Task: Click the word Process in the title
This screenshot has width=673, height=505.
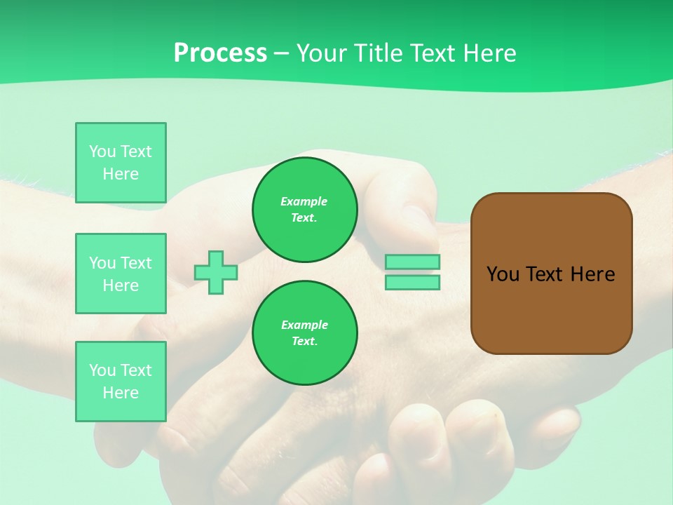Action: coord(220,53)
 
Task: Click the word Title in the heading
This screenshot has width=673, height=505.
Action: coord(377,53)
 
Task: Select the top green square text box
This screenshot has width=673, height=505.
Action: coord(121,163)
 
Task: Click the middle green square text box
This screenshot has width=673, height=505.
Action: coord(121,274)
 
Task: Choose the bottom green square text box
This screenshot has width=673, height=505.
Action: coord(121,381)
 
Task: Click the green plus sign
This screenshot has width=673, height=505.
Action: coord(216,272)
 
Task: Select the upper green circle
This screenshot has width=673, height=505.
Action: coord(304,210)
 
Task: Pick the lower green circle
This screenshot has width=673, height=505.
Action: coord(304,333)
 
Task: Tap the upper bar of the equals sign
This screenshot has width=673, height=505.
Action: coord(412,262)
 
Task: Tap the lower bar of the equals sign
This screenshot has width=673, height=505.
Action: coord(412,282)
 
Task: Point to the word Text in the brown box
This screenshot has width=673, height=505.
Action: coord(544,274)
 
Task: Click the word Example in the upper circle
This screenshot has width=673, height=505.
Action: coord(304,201)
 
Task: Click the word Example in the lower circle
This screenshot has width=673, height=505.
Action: coord(304,325)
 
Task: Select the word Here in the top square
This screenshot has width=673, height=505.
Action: coord(121,174)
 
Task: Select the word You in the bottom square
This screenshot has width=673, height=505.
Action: coord(102,370)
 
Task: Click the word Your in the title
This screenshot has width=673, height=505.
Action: coord(321,53)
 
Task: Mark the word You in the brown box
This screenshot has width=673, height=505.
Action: coord(503,274)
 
